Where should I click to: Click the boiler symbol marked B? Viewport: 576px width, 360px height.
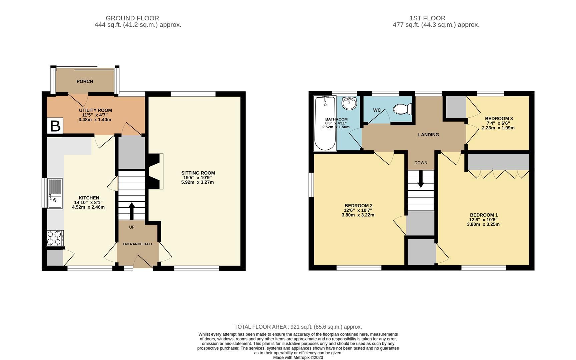click(55, 126)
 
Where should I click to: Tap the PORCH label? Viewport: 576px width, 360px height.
click(85, 81)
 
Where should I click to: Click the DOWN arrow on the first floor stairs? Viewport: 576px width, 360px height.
click(421, 179)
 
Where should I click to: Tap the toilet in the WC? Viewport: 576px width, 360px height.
click(403, 109)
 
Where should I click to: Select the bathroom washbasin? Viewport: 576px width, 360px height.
click(350, 103)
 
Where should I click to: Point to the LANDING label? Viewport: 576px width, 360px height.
click(429, 135)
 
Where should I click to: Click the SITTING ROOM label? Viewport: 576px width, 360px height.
click(198, 173)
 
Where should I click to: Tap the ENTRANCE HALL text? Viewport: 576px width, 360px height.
click(138, 244)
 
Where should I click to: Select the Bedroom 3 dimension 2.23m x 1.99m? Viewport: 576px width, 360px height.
click(498, 128)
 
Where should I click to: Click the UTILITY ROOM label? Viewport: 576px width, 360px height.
click(95, 110)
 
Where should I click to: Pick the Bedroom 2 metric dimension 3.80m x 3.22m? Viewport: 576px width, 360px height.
click(358, 215)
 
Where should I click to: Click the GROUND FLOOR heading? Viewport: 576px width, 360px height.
click(132, 18)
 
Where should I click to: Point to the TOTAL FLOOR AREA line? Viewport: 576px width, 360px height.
click(298, 327)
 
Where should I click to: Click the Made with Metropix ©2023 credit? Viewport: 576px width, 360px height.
click(298, 357)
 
